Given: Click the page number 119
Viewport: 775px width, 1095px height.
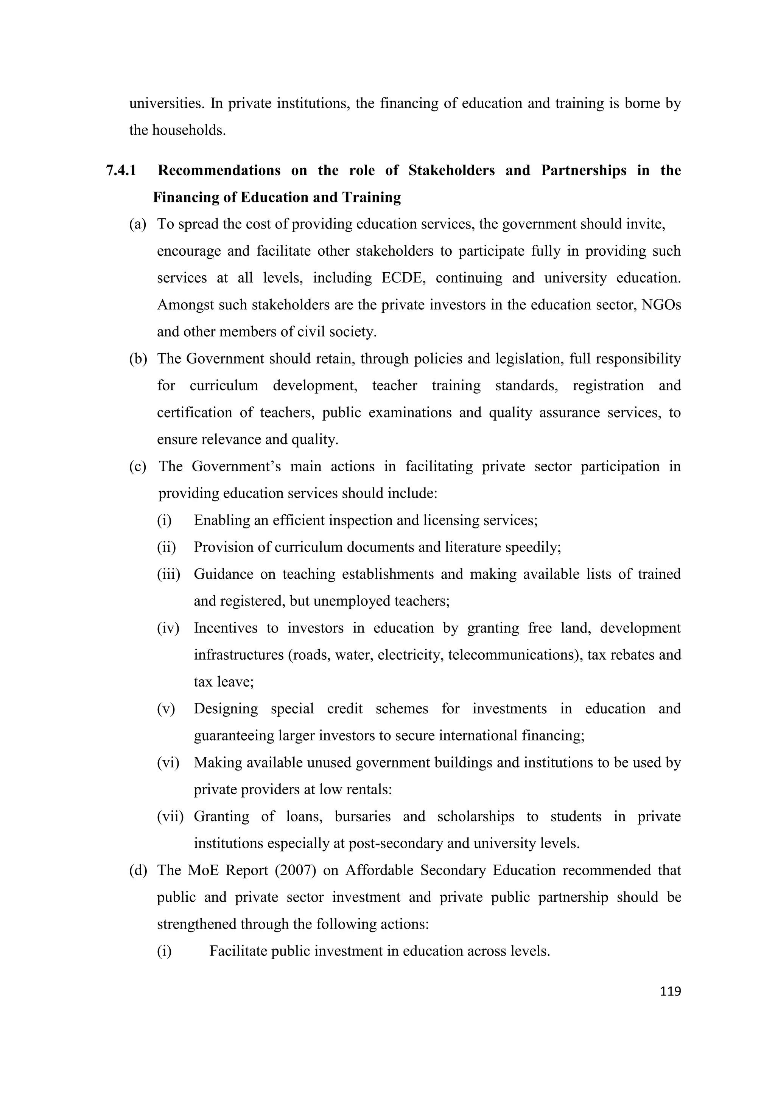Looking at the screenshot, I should [670, 991].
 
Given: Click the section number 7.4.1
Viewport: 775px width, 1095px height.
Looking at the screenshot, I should [121, 170].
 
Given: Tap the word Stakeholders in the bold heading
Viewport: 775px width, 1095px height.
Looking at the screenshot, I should [451, 170].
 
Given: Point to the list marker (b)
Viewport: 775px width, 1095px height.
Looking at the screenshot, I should [138, 359].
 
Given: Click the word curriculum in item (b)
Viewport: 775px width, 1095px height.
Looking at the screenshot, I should [224, 385].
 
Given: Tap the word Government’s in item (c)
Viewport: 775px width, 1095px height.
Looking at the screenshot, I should [236, 466].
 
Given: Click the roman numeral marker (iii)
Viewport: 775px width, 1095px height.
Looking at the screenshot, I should [168, 574].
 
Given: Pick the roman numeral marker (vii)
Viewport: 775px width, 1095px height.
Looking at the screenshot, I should [170, 817].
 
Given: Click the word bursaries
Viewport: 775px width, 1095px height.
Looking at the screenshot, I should [362, 817].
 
